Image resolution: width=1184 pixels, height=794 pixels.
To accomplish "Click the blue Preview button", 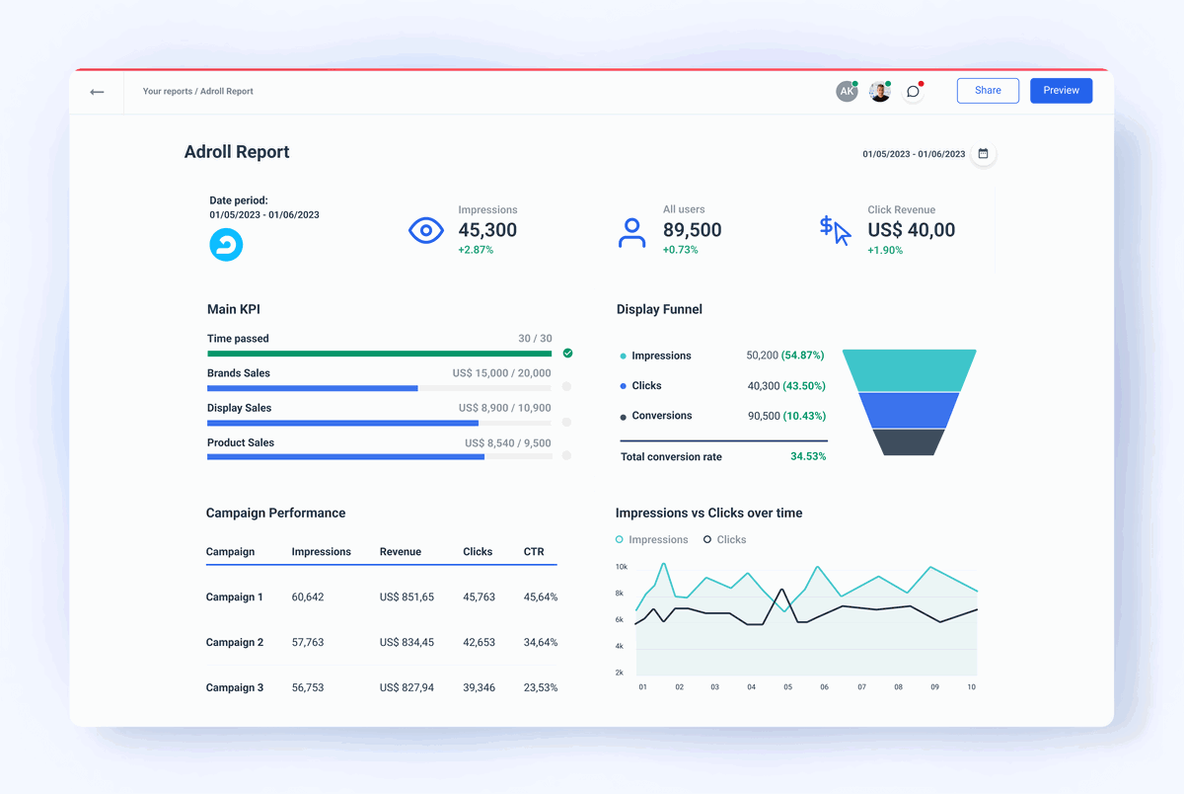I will pos(1061,91).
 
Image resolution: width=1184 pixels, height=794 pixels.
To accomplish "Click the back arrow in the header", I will pos(97,92).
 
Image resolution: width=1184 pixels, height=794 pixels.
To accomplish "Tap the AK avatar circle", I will pos(846,92).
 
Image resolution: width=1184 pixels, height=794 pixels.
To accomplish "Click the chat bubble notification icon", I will pos(913,92).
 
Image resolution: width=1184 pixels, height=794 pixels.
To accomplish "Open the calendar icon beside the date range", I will pos(983,154).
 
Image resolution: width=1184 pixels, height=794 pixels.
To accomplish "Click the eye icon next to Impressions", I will pos(425,231).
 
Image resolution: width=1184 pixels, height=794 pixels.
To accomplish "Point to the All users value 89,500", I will pos(692,230).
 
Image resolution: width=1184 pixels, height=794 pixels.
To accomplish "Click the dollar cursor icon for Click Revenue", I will pos(835,231).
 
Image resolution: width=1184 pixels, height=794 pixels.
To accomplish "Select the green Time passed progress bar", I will pos(379,354).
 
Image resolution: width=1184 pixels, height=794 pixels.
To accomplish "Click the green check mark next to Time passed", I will pos(567,353).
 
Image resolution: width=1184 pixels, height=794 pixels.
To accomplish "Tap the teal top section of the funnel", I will pos(909,370).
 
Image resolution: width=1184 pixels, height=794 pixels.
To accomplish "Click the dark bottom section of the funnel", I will pos(909,441).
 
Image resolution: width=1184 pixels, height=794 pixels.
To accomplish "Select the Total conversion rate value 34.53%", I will pos(807,457).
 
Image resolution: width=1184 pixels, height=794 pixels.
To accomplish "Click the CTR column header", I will pos(534,552).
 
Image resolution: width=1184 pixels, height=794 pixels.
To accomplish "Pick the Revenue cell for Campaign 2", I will pos(407,643).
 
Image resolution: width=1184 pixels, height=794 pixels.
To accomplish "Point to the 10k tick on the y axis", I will pos(621,567).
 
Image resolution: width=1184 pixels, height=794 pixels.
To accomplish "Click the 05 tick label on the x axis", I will pos(787,686).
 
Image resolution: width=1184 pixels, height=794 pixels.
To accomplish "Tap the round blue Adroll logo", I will pos(226,245).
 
